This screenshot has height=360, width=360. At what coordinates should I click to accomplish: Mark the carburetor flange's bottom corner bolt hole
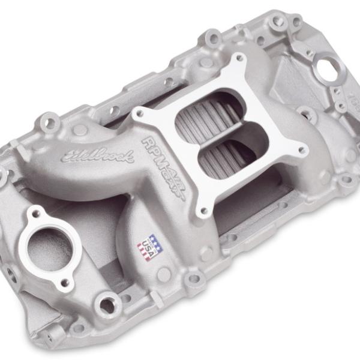click(x=204, y=211)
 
